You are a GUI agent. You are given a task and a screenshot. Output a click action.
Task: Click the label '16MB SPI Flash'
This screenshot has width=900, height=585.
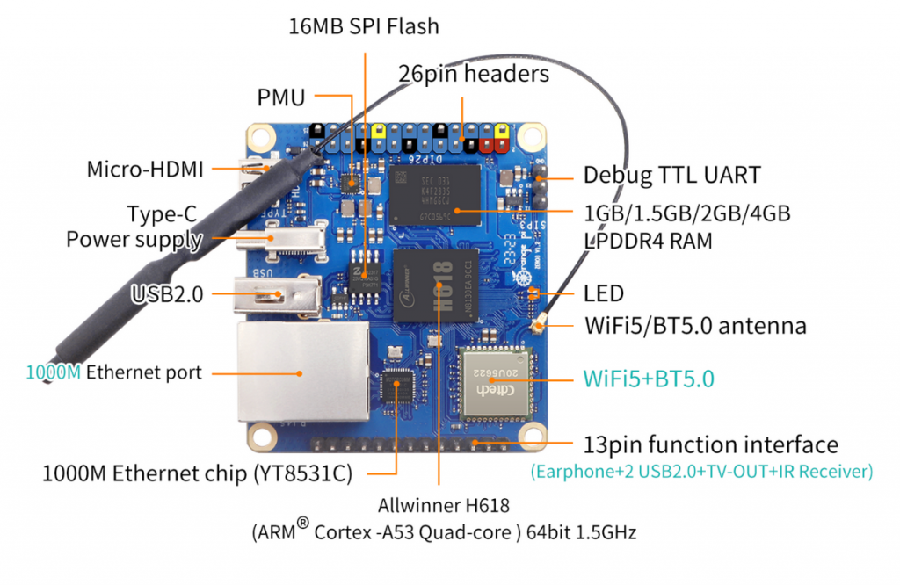pyautogui.click(x=364, y=25)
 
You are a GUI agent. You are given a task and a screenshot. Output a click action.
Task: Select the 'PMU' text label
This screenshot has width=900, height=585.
pyautogui.click(x=281, y=97)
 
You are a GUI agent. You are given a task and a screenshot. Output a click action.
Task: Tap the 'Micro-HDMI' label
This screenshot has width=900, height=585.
pyautogui.click(x=144, y=169)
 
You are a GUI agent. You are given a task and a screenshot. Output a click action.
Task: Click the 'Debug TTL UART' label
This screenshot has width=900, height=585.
pyautogui.click(x=671, y=175)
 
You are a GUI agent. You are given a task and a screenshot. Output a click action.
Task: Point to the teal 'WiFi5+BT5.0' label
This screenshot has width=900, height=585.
pyautogui.click(x=649, y=379)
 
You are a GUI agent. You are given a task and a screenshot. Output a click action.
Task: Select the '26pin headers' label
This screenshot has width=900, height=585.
pyautogui.click(x=474, y=73)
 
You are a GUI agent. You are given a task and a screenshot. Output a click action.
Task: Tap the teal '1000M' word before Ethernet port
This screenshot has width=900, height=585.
pyautogui.click(x=54, y=372)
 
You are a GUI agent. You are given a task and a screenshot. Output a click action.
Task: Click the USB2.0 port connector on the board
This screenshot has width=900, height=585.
pyautogui.click(x=279, y=296)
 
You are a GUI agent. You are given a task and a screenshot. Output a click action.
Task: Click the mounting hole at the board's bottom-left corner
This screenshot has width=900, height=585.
pyautogui.click(x=261, y=435)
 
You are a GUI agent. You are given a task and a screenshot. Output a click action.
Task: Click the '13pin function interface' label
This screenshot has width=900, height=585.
pyautogui.click(x=710, y=444)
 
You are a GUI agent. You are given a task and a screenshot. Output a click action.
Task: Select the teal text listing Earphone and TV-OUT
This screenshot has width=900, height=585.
pyautogui.click(x=701, y=472)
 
